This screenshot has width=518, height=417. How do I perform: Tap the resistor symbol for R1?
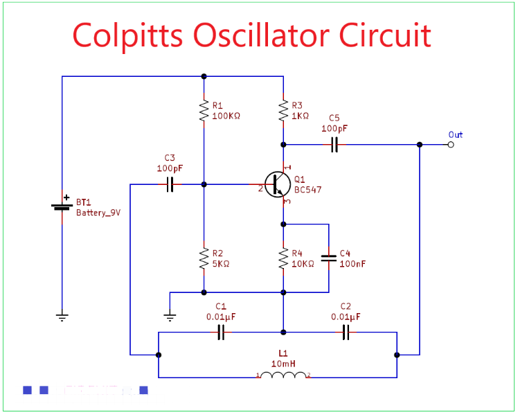(x=204, y=110)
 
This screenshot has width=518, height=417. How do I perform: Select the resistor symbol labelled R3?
(x=283, y=110)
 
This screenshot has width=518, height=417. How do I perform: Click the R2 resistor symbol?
(x=204, y=258)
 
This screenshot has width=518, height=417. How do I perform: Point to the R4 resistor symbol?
(x=283, y=258)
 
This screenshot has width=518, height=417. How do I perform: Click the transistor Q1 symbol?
(x=278, y=185)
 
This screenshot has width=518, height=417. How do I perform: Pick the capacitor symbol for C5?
(x=334, y=145)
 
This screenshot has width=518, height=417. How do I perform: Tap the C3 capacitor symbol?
(x=170, y=185)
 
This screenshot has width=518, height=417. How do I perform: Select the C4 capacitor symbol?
(x=329, y=258)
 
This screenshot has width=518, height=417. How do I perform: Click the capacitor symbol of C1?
(x=221, y=333)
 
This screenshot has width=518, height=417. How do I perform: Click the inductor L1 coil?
(x=284, y=375)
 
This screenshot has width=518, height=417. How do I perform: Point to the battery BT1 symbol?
(x=62, y=206)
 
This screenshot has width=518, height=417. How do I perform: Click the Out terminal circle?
(x=451, y=145)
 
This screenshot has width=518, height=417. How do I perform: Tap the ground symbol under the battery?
(x=62, y=317)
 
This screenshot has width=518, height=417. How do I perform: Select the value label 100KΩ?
(x=226, y=116)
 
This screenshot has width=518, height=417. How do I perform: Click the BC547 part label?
(x=307, y=190)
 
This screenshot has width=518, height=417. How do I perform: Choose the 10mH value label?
(x=283, y=363)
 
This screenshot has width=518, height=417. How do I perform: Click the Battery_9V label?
(x=98, y=213)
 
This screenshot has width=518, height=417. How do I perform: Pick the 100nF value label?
(x=353, y=264)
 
